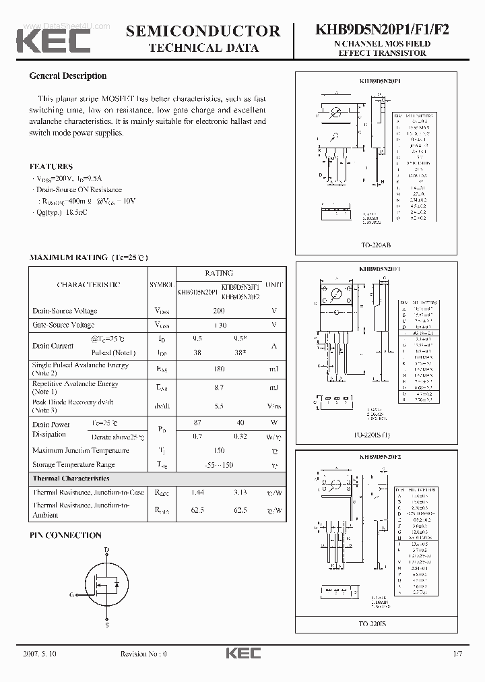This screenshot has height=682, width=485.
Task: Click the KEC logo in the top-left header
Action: (53, 40)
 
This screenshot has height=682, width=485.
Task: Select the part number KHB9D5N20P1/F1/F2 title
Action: (382, 30)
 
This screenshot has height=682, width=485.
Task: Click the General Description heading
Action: (67, 76)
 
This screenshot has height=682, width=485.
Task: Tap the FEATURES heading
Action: (51, 166)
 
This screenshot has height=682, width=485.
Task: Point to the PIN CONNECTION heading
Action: (65, 535)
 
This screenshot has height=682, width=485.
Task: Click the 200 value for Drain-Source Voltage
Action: (218, 311)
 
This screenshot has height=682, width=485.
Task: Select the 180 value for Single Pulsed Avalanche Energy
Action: (218, 369)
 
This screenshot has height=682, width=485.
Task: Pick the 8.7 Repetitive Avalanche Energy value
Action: (218, 387)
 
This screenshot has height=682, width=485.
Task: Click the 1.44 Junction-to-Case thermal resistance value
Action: (197, 493)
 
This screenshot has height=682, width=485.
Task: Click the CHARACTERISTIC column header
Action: (88, 285)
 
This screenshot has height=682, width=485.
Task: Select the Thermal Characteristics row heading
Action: (71, 478)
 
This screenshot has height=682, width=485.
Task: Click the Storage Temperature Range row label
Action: (73, 464)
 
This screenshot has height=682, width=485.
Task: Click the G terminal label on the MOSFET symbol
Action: (71, 594)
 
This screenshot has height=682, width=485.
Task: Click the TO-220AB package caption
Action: (381, 246)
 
